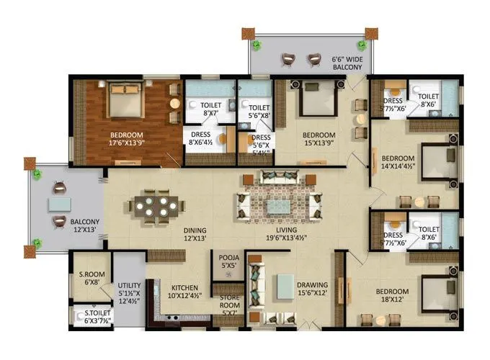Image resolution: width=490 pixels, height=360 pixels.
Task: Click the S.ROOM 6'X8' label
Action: (91, 277)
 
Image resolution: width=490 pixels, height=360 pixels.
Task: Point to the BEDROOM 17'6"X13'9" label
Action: (126, 139)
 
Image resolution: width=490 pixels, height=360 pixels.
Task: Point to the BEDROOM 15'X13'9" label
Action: (318, 139)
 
